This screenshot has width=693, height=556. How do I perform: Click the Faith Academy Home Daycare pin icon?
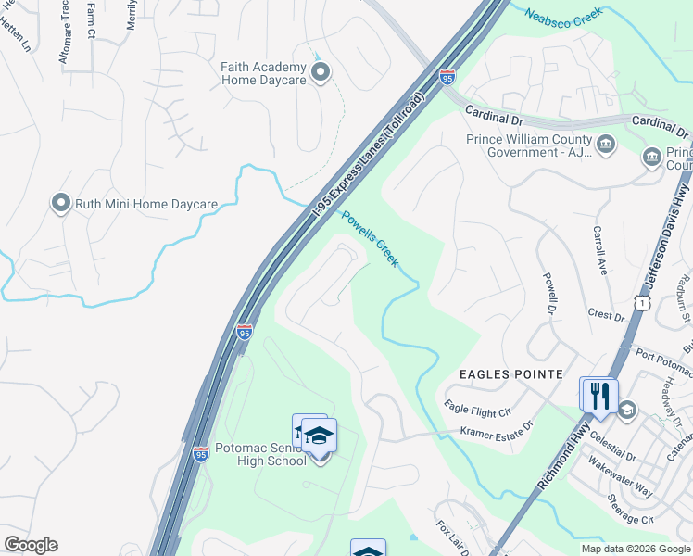(x=321, y=73)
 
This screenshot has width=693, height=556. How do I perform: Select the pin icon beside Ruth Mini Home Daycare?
(x=61, y=203)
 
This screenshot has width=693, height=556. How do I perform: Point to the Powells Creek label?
(x=370, y=239)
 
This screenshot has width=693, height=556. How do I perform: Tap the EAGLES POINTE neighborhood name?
(x=511, y=373)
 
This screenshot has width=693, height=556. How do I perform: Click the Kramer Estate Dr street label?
(x=498, y=430)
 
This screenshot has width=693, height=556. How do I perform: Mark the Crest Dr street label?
(x=606, y=315)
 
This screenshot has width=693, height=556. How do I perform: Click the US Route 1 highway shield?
(x=640, y=302)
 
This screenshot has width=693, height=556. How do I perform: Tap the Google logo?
(x=31, y=545)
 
